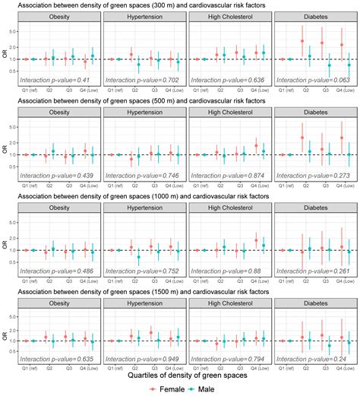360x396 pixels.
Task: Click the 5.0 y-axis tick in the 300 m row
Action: click(x=13, y=33)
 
